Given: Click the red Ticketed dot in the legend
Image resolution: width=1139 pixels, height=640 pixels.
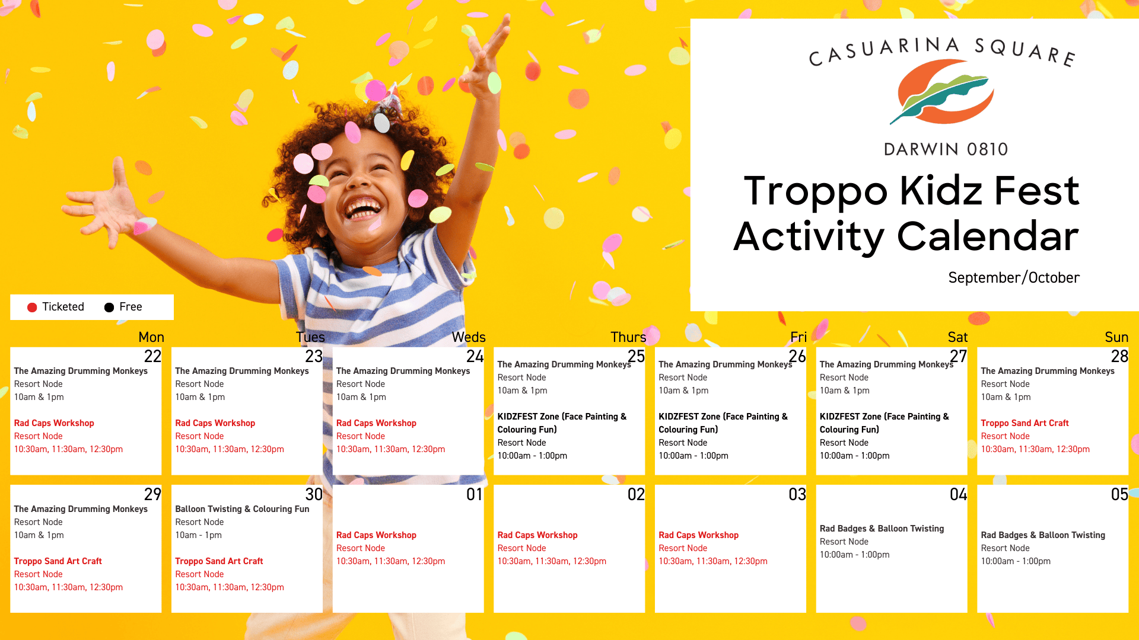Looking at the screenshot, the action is click(32, 307).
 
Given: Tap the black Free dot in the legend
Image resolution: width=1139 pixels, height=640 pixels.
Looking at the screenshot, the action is click(109, 307).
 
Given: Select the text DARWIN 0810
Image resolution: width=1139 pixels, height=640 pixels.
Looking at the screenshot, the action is click(946, 149).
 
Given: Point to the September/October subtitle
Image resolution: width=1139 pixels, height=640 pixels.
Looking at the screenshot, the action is click(1014, 277).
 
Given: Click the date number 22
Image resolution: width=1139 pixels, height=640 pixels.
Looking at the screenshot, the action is click(152, 356).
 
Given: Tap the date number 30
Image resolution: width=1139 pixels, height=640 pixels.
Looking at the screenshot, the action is click(314, 494).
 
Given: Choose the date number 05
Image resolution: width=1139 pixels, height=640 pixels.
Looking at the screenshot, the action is click(1119, 494).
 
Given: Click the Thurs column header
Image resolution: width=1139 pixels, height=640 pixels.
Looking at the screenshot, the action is click(628, 337).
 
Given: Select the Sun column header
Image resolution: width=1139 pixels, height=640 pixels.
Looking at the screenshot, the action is click(1116, 337).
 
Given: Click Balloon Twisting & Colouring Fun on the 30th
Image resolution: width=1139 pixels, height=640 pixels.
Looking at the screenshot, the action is click(242, 509).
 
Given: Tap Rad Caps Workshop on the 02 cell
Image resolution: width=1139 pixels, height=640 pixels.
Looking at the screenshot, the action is click(537, 535).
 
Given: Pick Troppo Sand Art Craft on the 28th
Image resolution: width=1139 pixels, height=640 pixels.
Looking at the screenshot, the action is click(1025, 423).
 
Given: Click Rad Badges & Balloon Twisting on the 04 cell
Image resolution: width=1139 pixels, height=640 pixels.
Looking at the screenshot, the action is click(882, 529).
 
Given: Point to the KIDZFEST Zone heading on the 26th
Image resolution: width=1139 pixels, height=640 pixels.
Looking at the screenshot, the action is click(723, 423).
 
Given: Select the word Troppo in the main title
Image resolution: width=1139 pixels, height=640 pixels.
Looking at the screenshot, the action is click(816, 191).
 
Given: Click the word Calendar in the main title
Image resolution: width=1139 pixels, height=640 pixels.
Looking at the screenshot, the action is click(988, 236).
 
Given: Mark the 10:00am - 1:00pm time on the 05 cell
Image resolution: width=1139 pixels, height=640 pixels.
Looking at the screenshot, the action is click(1016, 561).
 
